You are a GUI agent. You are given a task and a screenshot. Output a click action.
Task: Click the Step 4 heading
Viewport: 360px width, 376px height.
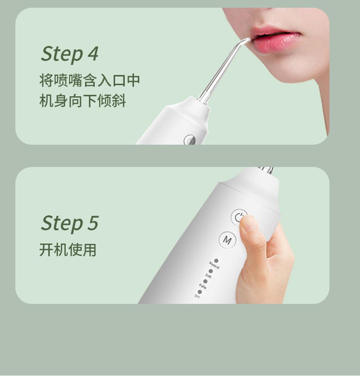click(69, 54)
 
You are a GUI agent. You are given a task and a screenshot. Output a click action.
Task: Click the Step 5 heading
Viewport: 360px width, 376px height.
click(69, 223)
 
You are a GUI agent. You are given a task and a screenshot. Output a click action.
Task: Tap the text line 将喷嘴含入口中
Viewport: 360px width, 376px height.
click(90, 80)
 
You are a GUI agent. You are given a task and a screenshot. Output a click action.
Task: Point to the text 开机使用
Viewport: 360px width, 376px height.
click(68, 249)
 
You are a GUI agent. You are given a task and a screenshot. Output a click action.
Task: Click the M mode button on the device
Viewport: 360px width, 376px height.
click(227, 240)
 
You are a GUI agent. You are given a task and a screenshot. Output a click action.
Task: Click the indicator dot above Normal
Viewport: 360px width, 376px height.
click(216, 261)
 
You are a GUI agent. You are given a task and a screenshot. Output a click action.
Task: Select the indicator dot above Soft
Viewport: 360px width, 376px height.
click(211, 271)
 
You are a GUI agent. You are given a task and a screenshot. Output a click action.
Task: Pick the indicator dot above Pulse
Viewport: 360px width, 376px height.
click(205, 282)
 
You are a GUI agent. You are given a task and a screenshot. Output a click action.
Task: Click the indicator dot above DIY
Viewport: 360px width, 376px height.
click(200, 292)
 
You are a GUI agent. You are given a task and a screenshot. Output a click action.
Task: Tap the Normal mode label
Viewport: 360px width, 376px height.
click(214, 266)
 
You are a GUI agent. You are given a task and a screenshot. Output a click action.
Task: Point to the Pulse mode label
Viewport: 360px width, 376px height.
click(203, 286)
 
